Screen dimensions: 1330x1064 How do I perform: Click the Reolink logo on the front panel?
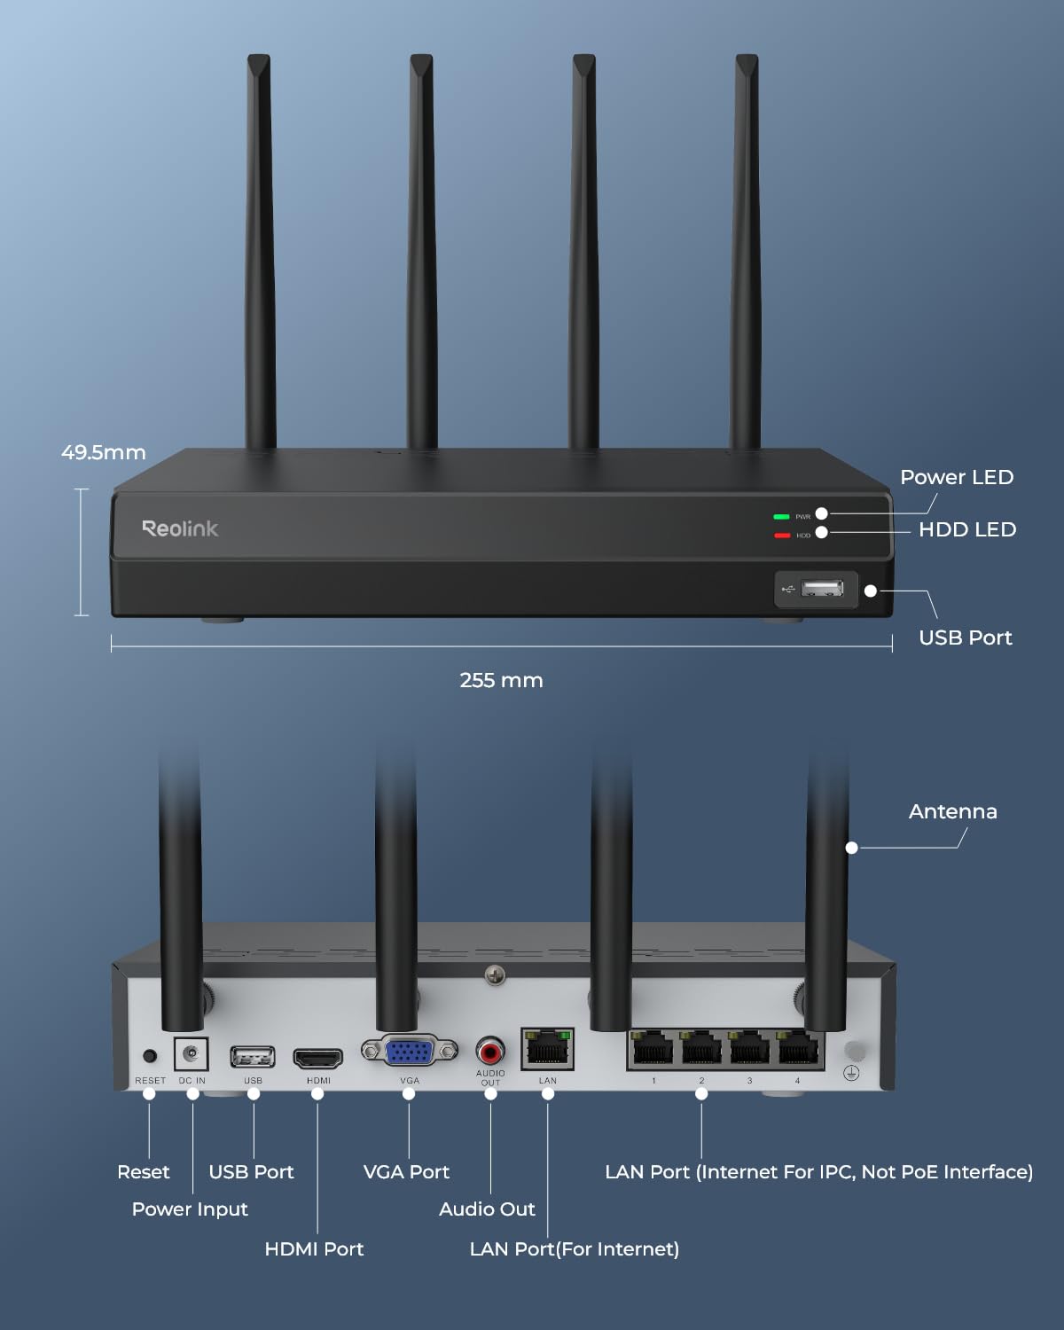pos(180,528)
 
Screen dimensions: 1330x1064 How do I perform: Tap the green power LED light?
pos(781,516)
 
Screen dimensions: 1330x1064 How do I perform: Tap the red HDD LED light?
pos(781,536)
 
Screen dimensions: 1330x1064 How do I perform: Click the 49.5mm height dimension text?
pos(103,452)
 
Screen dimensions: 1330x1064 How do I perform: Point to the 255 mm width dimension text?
pos(501,680)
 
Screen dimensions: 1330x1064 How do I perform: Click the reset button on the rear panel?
pos(150,1056)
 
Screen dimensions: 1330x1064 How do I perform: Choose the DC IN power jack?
pos(191,1054)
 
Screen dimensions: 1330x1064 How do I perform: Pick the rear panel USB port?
pos(253,1057)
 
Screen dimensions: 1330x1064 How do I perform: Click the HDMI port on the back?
pos(318,1058)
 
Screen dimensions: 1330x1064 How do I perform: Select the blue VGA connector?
pos(410,1052)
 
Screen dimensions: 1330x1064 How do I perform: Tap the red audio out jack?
pos(490,1052)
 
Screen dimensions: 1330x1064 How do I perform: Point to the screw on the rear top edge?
pos(495,975)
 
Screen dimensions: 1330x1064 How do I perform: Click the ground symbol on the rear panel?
pos(851,1074)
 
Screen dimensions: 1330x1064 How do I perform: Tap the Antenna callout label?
pos(952,811)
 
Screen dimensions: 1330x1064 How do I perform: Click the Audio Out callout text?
pos(487,1209)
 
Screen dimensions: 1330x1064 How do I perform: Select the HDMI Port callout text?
pos(314,1248)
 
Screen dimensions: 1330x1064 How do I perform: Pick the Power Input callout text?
pos(190,1209)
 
